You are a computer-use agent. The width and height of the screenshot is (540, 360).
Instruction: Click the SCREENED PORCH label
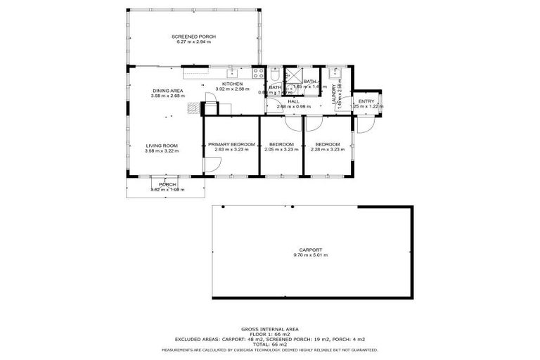193,37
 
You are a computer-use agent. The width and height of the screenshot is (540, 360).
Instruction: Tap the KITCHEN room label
232,84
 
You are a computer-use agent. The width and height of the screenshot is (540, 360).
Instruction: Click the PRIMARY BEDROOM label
231,144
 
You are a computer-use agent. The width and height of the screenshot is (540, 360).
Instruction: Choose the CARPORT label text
311,249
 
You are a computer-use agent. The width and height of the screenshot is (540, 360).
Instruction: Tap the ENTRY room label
366,101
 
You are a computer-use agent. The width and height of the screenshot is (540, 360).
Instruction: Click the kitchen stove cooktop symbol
257,72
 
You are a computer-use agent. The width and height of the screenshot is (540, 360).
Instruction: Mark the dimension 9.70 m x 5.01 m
311,255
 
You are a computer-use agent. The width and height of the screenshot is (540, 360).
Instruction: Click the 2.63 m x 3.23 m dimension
231,150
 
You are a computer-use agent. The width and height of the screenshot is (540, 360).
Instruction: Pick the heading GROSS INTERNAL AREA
270,328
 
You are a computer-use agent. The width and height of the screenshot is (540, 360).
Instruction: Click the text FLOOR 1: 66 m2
270,334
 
